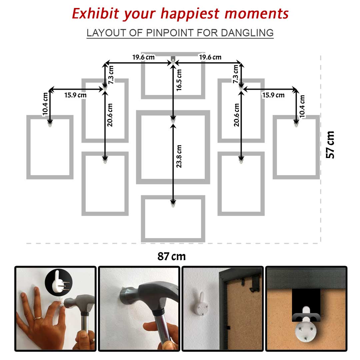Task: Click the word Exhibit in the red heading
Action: [96, 13]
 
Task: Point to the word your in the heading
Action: [140, 15]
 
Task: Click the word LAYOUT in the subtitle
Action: [107, 33]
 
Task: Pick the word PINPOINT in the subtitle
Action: [170, 33]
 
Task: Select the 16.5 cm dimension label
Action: [179, 80]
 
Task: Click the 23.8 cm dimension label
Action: [179, 156]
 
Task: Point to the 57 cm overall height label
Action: [330, 145]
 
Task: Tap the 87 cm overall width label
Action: [172, 256]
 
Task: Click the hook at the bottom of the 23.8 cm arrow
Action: [173, 204]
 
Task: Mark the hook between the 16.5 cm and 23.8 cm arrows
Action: [173, 120]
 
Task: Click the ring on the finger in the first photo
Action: [38, 318]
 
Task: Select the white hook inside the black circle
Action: [59, 282]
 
